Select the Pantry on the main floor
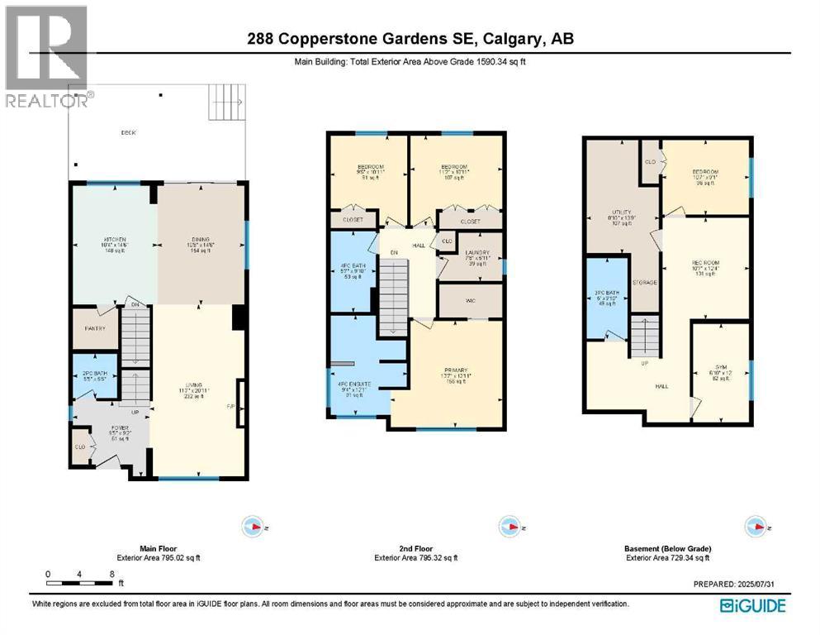(x=96, y=329)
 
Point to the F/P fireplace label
(x=231, y=406)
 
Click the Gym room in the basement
(x=719, y=372)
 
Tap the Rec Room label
(x=707, y=264)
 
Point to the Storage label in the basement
(x=644, y=283)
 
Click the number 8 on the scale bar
(x=111, y=573)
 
